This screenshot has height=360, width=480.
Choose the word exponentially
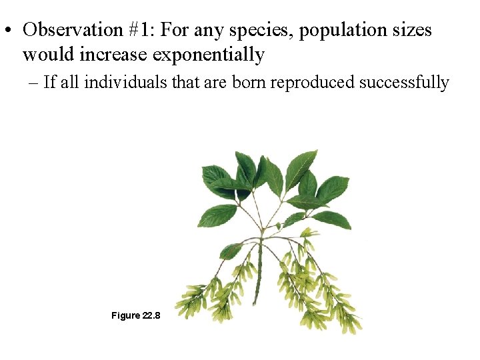point(209,55)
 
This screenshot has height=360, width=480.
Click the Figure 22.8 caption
point(135,315)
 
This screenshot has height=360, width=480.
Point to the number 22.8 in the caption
point(151,315)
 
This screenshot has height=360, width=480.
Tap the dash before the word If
point(33,83)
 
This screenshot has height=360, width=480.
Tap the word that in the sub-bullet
point(184,82)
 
